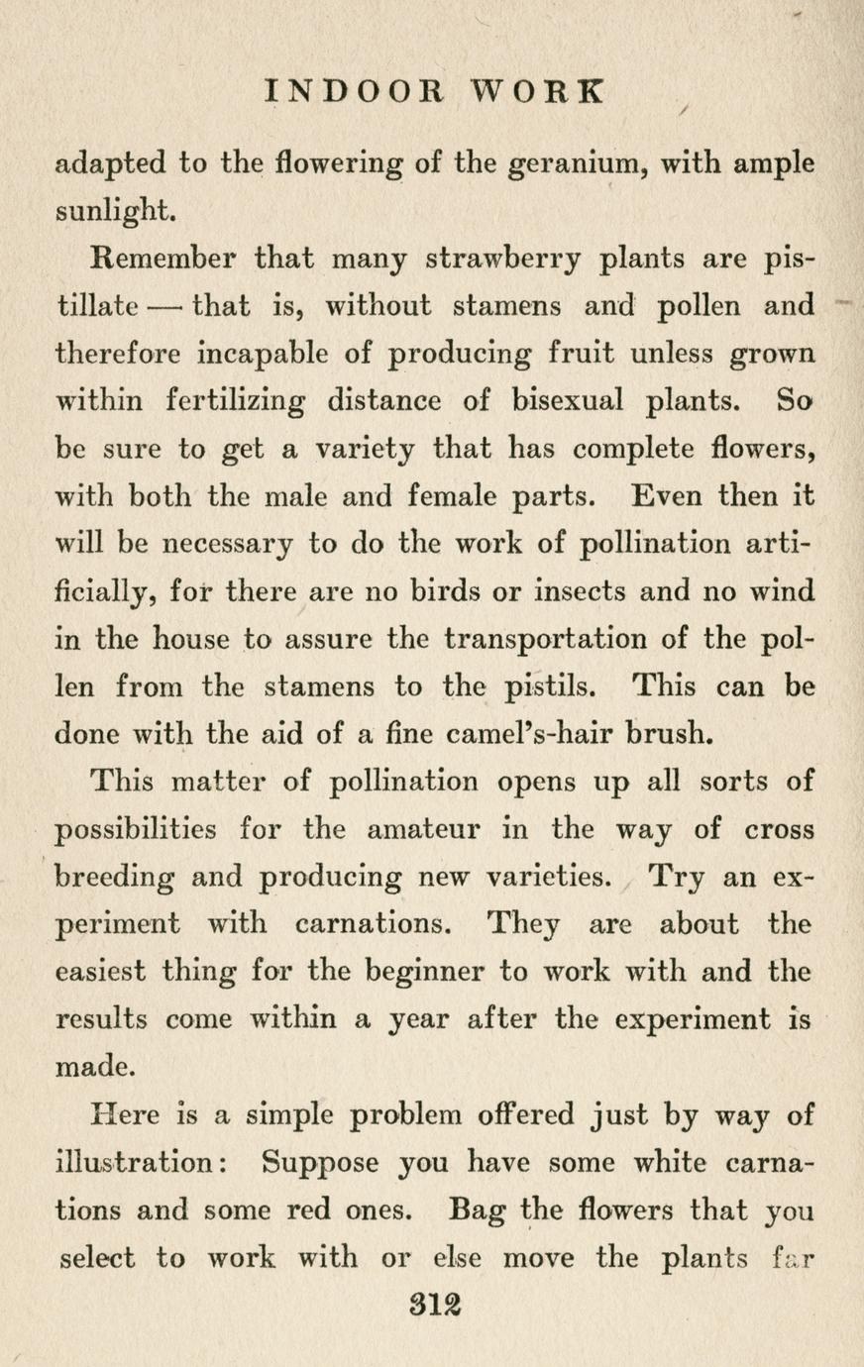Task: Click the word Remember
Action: pyautogui.click(x=162, y=259)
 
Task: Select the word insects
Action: pyautogui.click(x=550, y=591)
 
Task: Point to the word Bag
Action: pyautogui.click(x=480, y=1211)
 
